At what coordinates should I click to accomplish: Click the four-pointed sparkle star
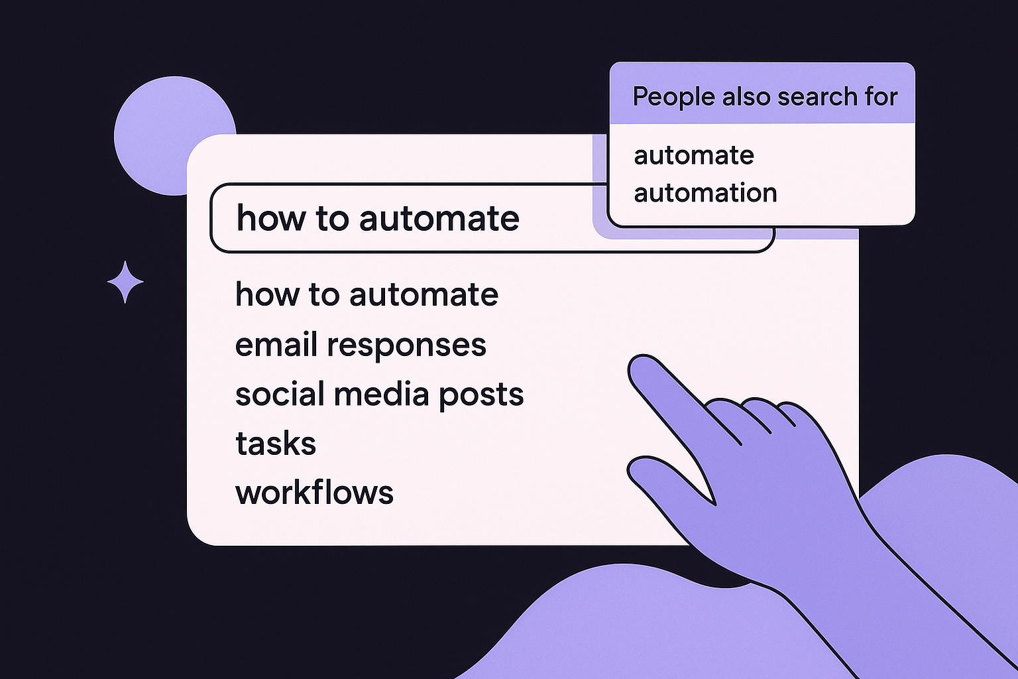125,282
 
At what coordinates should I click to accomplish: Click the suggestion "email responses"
361,345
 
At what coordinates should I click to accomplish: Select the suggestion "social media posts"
379,395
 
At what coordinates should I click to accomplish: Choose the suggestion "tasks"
276,444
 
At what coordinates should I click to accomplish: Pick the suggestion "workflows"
314,493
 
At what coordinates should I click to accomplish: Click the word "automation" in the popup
705,193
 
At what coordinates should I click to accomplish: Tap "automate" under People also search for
694,156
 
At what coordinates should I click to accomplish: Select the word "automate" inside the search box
439,219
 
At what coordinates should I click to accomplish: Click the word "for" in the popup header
881,97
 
